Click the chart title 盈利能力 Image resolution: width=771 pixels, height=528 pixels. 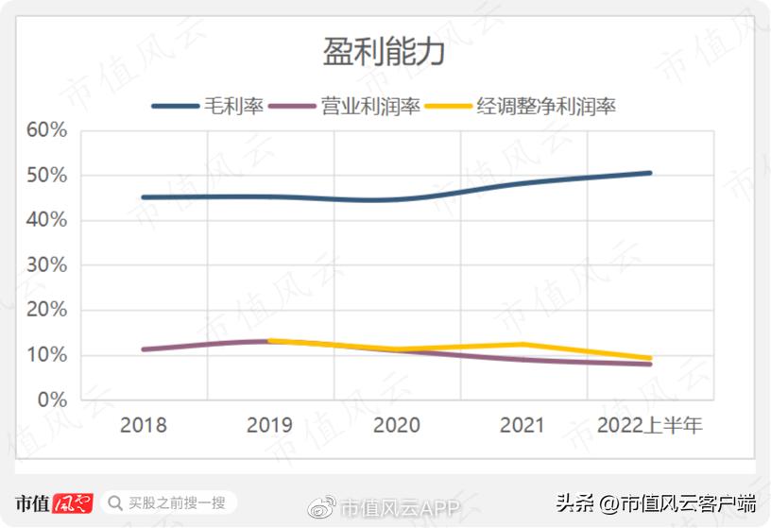click(384, 53)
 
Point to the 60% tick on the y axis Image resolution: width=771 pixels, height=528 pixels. click(46, 130)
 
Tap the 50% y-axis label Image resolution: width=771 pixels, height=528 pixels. click(46, 176)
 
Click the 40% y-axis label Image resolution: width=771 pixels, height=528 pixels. click(46, 220)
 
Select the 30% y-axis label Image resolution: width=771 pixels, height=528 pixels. click(46, 265)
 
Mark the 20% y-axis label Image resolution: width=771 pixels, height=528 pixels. click(46, 310)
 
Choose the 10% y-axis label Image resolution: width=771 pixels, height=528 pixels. click(46, 355)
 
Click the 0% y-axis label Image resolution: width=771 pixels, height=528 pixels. click(51, 400)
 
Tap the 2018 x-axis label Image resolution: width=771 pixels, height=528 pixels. click(144, 425)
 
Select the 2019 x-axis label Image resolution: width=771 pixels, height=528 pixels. click(270, 425)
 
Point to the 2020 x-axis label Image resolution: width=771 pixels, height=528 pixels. click(397, 425)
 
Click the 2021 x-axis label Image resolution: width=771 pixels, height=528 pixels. click(523, 425)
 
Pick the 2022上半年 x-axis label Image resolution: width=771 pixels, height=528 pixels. click(649, 425)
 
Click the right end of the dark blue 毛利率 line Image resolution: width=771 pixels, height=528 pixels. click(649, 173)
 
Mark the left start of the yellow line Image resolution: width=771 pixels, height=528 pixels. click(271, 341)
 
